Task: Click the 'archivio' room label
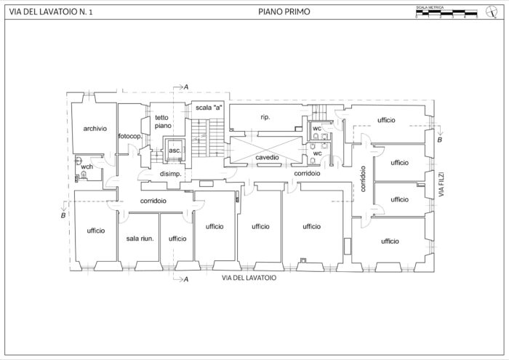(95, 128)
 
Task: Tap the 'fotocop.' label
(131, 137)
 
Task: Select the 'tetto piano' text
(162, 121)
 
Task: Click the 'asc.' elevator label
(175, 151)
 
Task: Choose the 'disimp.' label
(170, 174)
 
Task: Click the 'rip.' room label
(265, 116)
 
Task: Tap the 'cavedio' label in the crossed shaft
(268, 157)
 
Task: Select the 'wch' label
(87, 167)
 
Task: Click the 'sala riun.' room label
(139, 238)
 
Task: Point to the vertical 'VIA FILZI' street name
(441, 186)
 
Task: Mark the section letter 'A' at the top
(186, 87)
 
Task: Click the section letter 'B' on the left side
(63, 215)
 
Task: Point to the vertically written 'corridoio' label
(361, 178)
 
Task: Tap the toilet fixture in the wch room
(76, 175)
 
